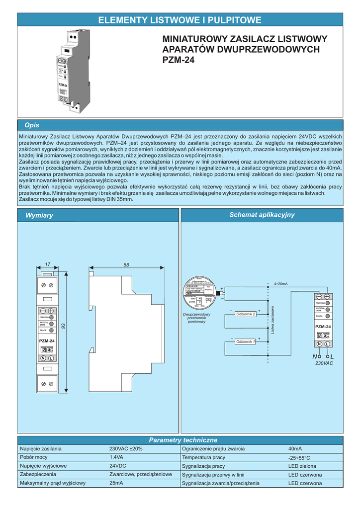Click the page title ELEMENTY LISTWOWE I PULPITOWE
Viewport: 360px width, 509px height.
(180, 20)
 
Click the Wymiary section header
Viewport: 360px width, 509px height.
(39, 215)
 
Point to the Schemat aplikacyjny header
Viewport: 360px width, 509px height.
(262, 215)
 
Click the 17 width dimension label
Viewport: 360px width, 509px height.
(48, 264)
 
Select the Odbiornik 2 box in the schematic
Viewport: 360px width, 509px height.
(246, 314)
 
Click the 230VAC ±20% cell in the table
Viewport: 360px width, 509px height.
(126, 448)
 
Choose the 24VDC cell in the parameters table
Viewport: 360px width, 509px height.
(118, 466)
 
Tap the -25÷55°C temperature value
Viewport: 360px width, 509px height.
(299, 457)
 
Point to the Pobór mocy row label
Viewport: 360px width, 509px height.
(34, 457)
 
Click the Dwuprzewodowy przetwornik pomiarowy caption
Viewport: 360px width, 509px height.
(197, 318)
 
